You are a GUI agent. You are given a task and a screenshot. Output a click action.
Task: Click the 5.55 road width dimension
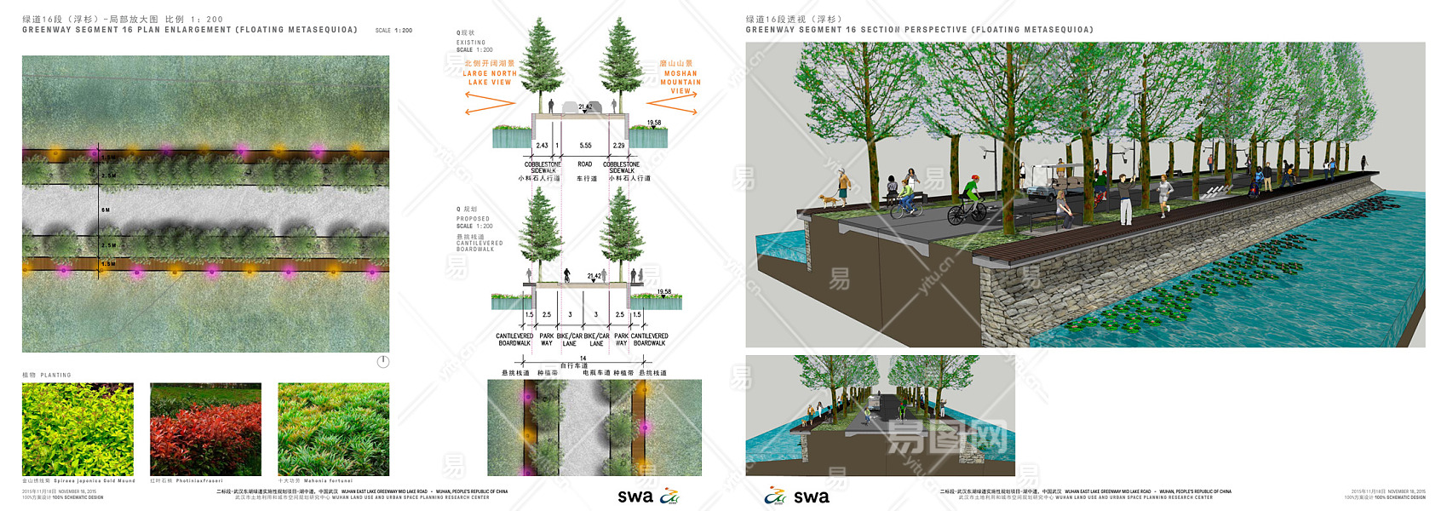pos(585,146)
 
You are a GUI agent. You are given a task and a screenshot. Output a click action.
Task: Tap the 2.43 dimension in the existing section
pos(542,146)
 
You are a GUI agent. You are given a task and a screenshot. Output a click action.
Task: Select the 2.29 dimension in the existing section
pos(619,146)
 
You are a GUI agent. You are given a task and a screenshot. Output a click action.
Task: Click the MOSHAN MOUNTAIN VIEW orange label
pos(680,78)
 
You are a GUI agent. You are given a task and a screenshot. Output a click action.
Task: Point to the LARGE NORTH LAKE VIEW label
pos(490,74)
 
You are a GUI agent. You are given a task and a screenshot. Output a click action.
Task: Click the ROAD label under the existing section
pos(585,164)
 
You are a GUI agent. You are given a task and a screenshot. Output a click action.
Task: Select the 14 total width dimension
pos(583,359)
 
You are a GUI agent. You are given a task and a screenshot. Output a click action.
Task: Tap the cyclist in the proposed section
pos(566,276)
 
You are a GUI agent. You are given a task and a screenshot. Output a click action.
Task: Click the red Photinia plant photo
pos(205,429)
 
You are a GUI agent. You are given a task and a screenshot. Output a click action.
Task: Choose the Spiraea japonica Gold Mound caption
pos(94,481)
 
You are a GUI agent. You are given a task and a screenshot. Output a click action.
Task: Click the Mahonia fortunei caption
pos(327,481)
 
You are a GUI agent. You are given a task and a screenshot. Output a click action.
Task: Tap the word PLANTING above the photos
pos(56,376)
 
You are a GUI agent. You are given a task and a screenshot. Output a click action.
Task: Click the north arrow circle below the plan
pos(383,362)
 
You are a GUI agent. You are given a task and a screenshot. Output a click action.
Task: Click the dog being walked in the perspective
pos(826,201)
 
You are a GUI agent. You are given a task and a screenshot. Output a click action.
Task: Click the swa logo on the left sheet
pos(635,497)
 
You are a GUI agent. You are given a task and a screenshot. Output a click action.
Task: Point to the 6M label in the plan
pos(106,210)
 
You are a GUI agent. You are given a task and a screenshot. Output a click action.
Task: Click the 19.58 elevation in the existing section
pos(654,123)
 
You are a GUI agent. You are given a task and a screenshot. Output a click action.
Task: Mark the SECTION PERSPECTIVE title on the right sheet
pos(919,30)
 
